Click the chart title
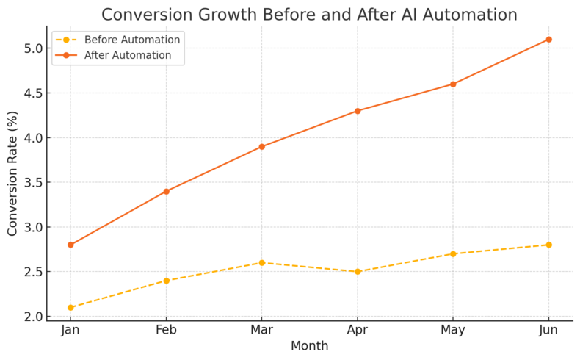pyautogui.click(x=309, y=15)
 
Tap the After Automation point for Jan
pyautogui.click(x=70, y=245)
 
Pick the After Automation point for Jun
pyautogui.click(x=548, y=40)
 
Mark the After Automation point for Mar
pyautogui.click(x=262, y=147)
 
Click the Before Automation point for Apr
pyautogui.click(x=358, y=272)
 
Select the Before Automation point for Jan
pyautogui.click(x=70, y=307)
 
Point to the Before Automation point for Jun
pyautogui.click(x=548, y=245)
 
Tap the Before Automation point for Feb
pyautogui.click(x=167, y=281)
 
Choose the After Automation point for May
pyautogui.click(x=453, y=84)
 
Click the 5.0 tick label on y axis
pyautogui.click(x=32, y=48)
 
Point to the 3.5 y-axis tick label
pyautogui.click(x=32, y=182)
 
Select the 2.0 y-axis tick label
pyautogui.click(x=32, y=317)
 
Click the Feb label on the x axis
pyautogui.click(x=167, y=331)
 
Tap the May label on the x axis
pyautogui.click(x=453, y=331)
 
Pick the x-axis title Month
pyautogui.click(x=309, y=346)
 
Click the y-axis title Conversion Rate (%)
pyautogui.click(x=12, y=173)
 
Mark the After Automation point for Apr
pyautogui.click(x=358, y=111)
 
